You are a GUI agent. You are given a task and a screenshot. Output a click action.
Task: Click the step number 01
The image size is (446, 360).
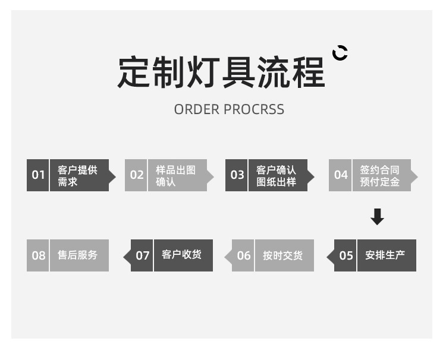click(x=38, y=175)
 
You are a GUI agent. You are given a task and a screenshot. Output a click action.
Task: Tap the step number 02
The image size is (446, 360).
click(x=137, y=175)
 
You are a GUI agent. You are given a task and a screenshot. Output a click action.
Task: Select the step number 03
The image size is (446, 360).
click(x=237, y=175)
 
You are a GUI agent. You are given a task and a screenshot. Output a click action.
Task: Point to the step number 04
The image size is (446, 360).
click(x=341, y=175)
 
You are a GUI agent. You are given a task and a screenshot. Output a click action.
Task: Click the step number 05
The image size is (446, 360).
click(x=346, y=256)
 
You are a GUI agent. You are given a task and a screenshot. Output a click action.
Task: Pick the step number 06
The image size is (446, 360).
click(x=244, y=256)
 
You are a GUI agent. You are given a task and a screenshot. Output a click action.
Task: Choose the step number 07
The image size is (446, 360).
click(x=143, y=256)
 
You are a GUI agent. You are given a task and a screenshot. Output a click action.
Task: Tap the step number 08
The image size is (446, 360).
click(x=38, y=256)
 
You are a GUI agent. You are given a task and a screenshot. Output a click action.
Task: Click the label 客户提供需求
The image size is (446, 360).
click(x=77, y=176)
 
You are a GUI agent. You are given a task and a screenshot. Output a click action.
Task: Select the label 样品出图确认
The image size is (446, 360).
click(x=175, y=176)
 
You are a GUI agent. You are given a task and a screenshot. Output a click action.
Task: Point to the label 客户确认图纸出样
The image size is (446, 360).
click(x=276, y=176)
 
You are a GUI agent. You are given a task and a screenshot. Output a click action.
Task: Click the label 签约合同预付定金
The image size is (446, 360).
click(x=379, y=176)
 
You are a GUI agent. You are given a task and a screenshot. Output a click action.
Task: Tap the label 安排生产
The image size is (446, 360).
click(x=385, y=255)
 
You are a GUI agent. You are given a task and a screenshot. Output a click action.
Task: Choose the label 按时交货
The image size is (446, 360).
click(x=282, y=256)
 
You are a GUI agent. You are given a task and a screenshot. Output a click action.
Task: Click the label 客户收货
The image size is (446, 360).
click(x=181, y=255)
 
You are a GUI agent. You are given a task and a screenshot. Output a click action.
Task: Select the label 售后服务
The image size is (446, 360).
click(x=77, y=255)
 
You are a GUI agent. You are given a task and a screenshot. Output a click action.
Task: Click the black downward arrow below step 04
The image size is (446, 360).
click(x=377, y=217)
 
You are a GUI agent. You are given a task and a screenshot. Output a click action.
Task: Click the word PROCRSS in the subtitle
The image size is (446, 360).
click(x=254, y=110)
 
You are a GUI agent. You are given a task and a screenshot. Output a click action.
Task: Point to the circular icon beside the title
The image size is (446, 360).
click(x=340, y=53)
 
